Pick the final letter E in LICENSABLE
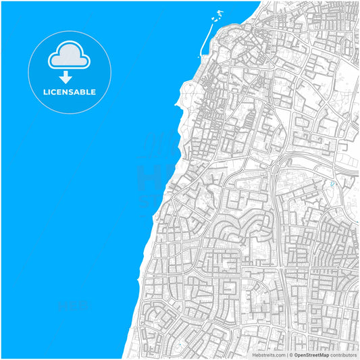click(x=93, y=92)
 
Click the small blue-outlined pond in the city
click(x=332, y=184)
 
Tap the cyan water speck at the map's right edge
click(x=357, y=221)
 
